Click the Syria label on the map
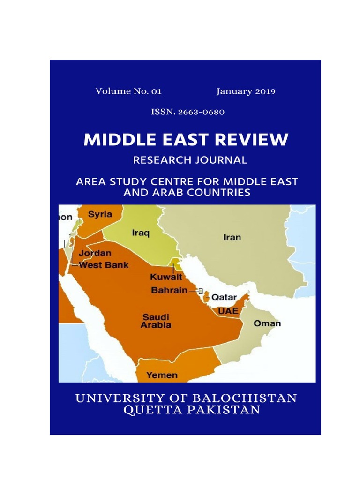(x=100, y=214)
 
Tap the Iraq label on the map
(x=140, y=232)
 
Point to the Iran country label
(x=232, y=237)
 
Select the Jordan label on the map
(x=95, y=253)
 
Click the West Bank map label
(x=104, y=265)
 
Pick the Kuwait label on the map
(x=166, y=277)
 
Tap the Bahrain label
(x=169, y=290)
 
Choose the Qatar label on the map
(x=224, y=297)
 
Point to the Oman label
(x=267, y=323)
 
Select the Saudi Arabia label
(x=157, y=321)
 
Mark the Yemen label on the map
(x=162, y=375)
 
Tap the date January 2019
(x=246, y=91)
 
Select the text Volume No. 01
(x=128, y=91)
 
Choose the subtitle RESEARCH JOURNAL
(x=190, y=160)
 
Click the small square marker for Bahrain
(x=201, y=291)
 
